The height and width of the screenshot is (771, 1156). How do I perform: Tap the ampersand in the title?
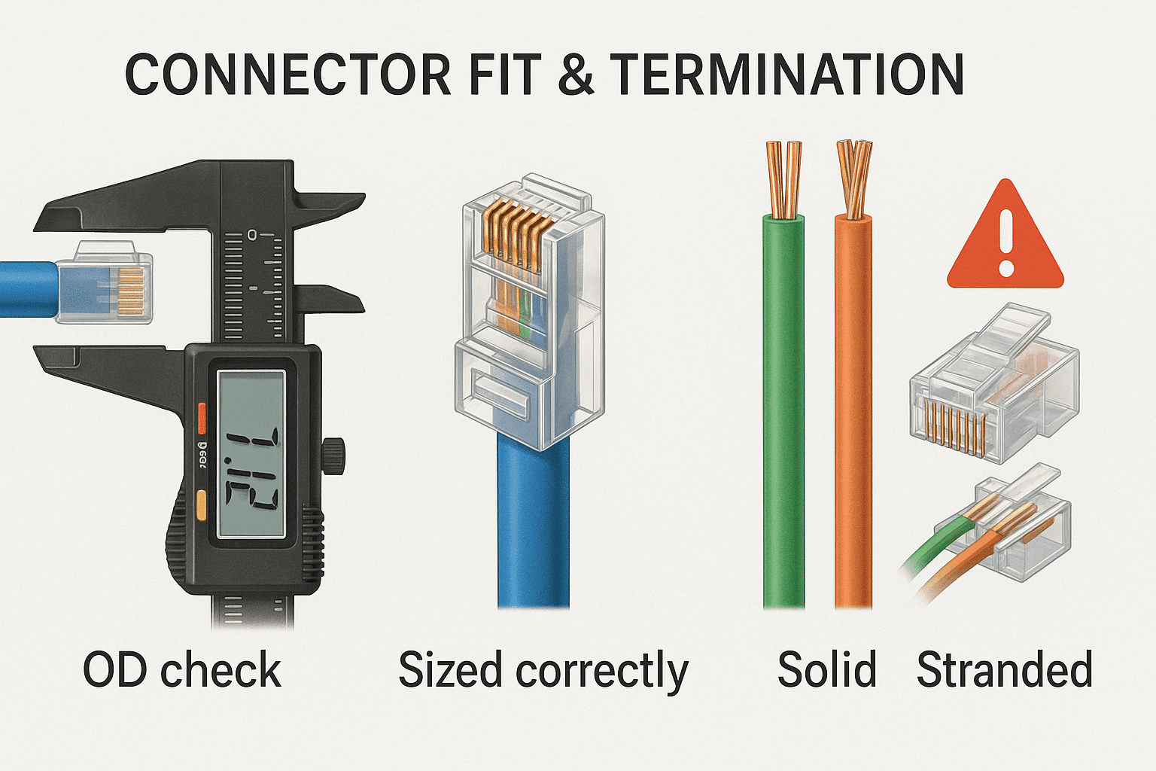(x=576, y=75)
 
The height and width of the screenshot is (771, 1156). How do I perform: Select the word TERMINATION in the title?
(x=786, y=75)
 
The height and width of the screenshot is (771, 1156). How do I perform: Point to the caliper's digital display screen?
(x=251, y=455)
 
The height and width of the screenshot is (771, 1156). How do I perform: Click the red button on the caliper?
(x=201, y=419)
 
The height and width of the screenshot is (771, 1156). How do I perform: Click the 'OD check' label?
(x=182, y=670)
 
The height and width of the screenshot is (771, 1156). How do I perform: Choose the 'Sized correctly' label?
(x=543, y=670)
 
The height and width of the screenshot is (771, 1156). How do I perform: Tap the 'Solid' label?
(x=827, y=670)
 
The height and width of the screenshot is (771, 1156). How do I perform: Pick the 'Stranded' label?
(x=1004, y=670)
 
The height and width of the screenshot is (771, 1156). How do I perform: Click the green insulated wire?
(x=784, y=414)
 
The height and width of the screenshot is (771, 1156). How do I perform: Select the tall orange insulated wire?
(x=853, y=414)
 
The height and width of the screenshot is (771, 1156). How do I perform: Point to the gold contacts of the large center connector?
(x=512, y=233)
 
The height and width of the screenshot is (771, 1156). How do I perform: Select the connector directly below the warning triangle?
(x=993, y=384)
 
